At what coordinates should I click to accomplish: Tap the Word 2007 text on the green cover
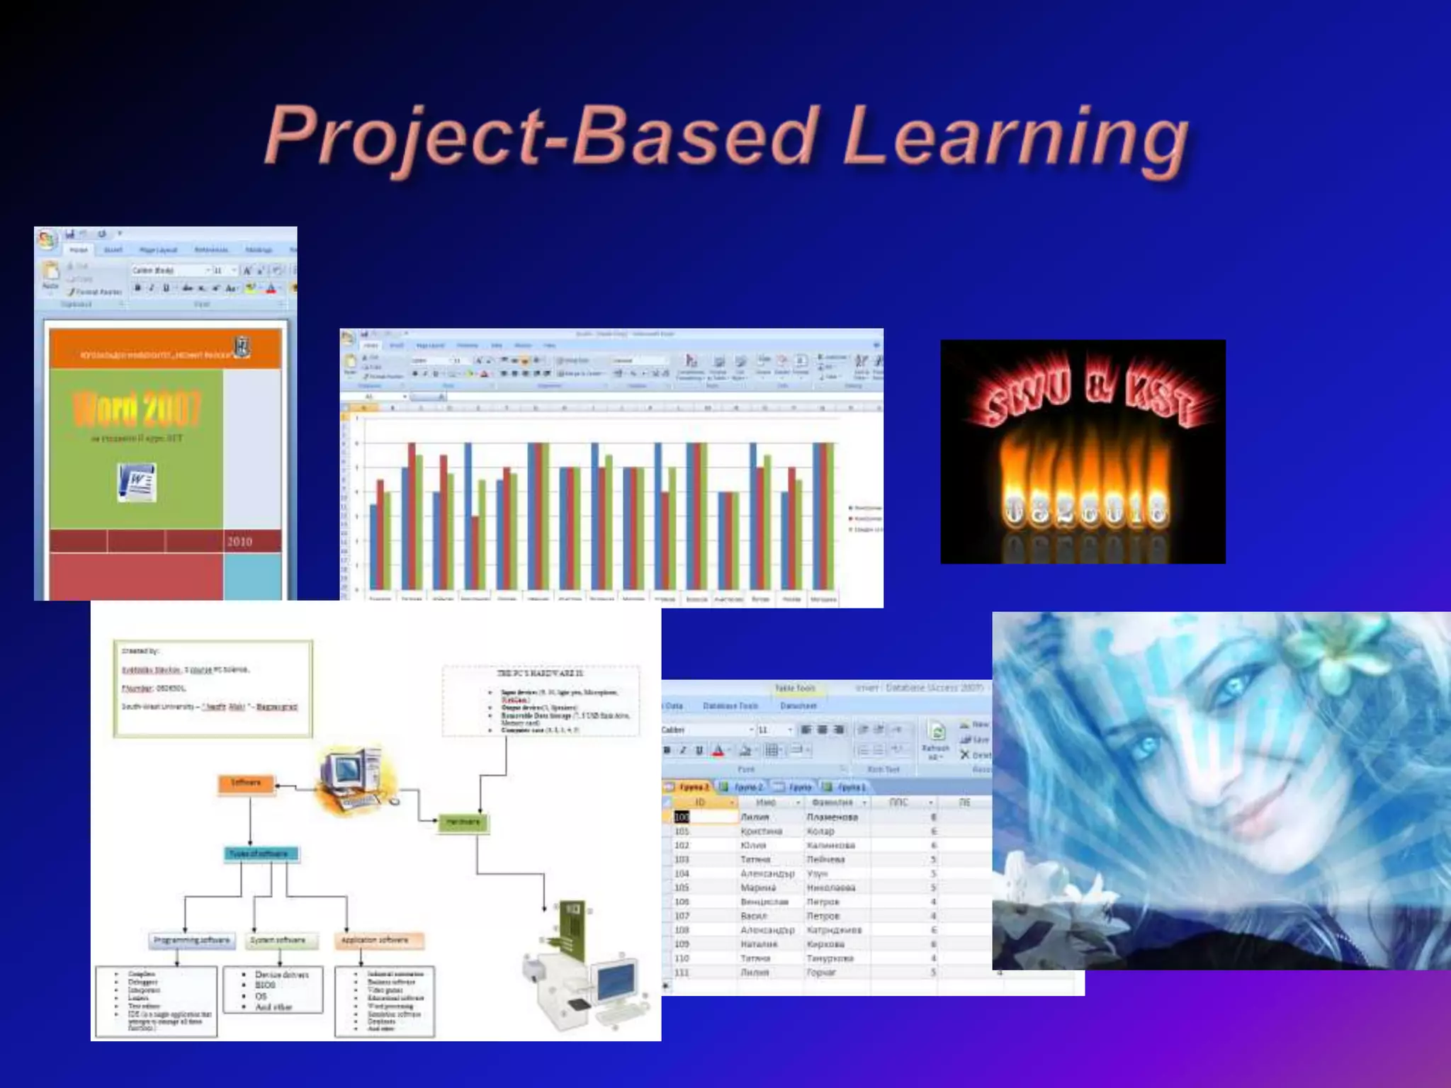[137, 409]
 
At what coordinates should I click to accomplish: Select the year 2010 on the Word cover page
[239, 542]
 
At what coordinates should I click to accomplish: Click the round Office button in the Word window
[47, 239]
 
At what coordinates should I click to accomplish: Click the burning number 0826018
[1084, 509]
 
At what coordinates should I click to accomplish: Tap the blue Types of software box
[259, 854]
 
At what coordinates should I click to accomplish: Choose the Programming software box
[191, 941]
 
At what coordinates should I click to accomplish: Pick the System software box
[278, 941]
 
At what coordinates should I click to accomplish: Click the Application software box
[375, 941]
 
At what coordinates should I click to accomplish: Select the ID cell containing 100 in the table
[682, 817]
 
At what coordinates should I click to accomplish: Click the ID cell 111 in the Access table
[682, 973]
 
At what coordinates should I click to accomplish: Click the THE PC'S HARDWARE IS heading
[540, 674]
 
